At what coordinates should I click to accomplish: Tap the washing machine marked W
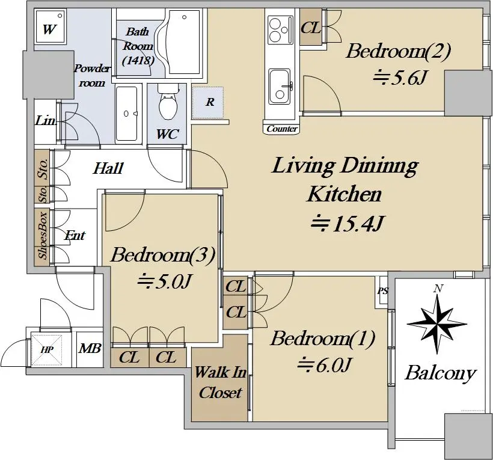pos(51,26)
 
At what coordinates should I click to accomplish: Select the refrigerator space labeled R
pos(208,102)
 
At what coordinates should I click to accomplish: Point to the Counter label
pos(282,129)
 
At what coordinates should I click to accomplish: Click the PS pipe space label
pos(382,291)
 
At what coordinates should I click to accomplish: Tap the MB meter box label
pos(90,348)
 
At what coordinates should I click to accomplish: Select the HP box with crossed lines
pos(46,350)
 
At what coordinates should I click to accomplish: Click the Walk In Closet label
pos(220,382)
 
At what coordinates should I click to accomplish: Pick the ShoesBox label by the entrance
pos(42,236)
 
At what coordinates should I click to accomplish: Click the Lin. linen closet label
pos(46,120)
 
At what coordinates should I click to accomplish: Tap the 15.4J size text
pos(347,224)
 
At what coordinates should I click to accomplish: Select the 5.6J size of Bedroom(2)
pos(399,77)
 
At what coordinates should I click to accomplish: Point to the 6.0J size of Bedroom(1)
pos(324,365)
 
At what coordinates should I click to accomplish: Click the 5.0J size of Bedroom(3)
pos(165,281)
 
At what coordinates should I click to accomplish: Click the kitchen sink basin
pos(280,87)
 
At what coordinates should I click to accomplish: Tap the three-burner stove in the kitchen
pos(280,31)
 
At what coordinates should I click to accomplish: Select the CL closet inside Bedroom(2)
pos(311,27)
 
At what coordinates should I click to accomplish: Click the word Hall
pos(108,168)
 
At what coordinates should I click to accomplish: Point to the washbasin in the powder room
pos(127,114)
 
